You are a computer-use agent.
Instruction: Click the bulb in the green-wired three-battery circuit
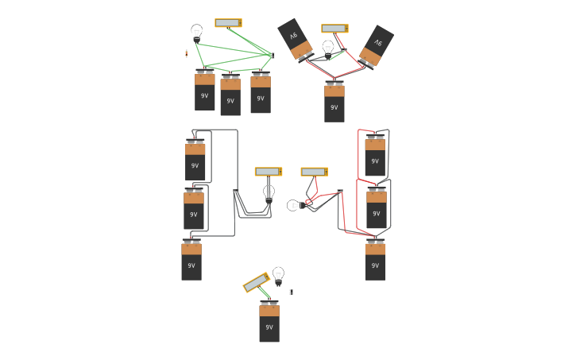click(x=197, y=32)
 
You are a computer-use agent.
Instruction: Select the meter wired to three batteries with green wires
click(x=228, y=23)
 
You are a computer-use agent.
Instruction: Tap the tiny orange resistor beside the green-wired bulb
click(x=186, y=54)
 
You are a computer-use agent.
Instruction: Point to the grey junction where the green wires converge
click(x=272, y=56)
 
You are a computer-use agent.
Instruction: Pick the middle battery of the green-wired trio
click(x=230, y=95)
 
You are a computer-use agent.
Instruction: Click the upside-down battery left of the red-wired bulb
click(x=295, y=39)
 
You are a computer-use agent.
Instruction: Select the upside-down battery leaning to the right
click(x=376, y=46)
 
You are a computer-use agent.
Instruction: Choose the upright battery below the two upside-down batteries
click(x=334, y=103)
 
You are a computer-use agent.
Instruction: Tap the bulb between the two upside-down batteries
click(x=328, y=48)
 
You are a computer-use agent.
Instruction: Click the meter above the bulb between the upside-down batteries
click(x=334, y=29)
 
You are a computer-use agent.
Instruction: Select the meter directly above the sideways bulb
click(x=314, y=172)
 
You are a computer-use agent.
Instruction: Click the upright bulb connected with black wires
click(x=269, y=193)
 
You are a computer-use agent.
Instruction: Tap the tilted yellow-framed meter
click(x=257, y=282)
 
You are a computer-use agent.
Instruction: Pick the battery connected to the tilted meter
click(x=269, y=322)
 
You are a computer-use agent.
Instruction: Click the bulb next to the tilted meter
click(x=278, y=275)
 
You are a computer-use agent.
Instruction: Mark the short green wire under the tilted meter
click(x=265, y=293)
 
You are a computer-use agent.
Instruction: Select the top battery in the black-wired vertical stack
click(x=195, y=161)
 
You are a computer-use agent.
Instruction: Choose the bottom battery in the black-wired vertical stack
click(x=191, y=261)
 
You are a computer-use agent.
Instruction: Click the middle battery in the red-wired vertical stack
click(x=377, y=208)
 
